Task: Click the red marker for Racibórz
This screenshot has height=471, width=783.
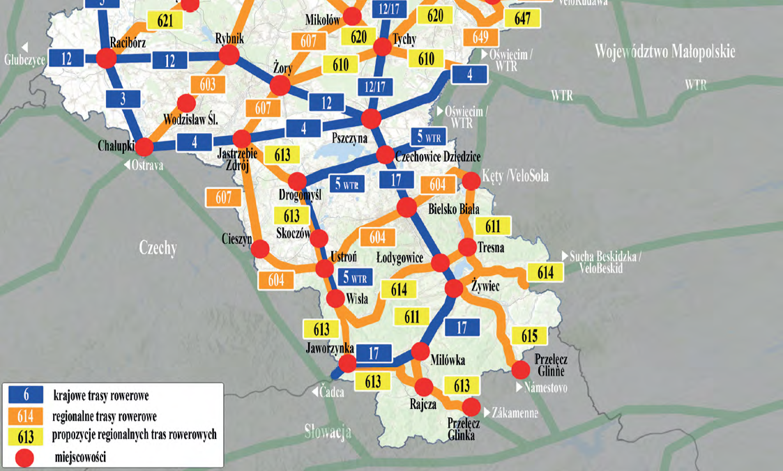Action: tap(106, 59)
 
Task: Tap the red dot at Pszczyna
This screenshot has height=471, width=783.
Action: tap(371, 119)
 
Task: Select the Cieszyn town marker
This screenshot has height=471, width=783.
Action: tap(260, 249)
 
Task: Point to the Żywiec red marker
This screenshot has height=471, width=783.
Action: tap(454, 288)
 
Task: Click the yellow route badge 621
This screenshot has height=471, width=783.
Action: tap(165, 20)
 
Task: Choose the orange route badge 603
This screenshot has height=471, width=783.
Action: tap(208, 84)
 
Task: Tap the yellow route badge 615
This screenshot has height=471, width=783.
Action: tap(529, 336)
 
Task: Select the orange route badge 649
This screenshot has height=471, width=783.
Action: tap(480, 36)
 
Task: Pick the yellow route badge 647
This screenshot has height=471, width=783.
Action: tap(523, 19)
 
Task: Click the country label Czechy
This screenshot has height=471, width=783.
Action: tap(158, 248)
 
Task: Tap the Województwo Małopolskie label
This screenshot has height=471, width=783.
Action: tap(665, 52)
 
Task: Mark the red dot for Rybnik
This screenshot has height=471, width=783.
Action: tap(229, 55)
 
